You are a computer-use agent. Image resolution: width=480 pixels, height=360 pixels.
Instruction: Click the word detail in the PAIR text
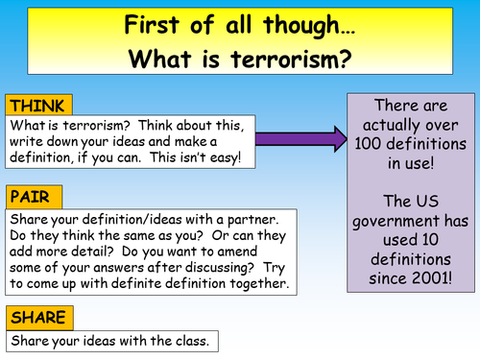pyautogui.click(x=95, y=252)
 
